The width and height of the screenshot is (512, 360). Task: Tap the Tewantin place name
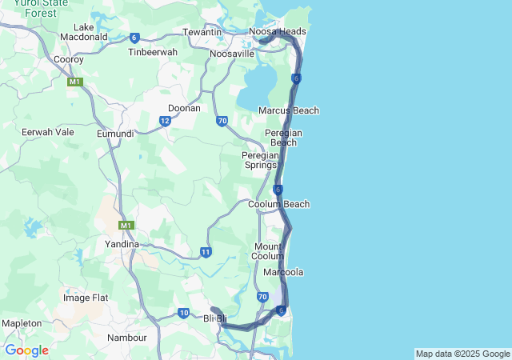pyautogui.click(x=202, y=32)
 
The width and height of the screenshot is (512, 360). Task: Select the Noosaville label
pyautogui.click(x=232, y=54)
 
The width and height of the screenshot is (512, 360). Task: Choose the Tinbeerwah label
pyautogui.click(x=153, y=52)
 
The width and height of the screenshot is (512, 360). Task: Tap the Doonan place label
pyautogui.click(x=184, y=108)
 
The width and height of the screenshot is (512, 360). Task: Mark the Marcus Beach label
pyautogui.click(x=289, y=110)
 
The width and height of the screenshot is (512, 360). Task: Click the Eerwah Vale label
pyautogui.click(x=48, y=132)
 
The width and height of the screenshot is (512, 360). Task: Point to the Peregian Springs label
pyautogui.click(x=260, y=160)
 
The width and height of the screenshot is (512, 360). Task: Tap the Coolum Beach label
pyautogui.click(x=278, y=204)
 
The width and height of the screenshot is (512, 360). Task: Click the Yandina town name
pyautogui.click(x=122, y=244)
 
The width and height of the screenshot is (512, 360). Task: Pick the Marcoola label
pyautogui.click(x=283, y=272)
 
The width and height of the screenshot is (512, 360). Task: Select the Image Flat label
pyautogui.click(x=86, y=298)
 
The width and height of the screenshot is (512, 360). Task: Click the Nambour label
pyautogui.click(x=127, y=338)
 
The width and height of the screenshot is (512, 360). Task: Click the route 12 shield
pyautogui.click(x=165, y=122)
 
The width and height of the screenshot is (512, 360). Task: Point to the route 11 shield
pyautogui.click(x=206, y=253)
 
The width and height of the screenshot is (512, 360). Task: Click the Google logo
pyautogui.click(x=26, y=350)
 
